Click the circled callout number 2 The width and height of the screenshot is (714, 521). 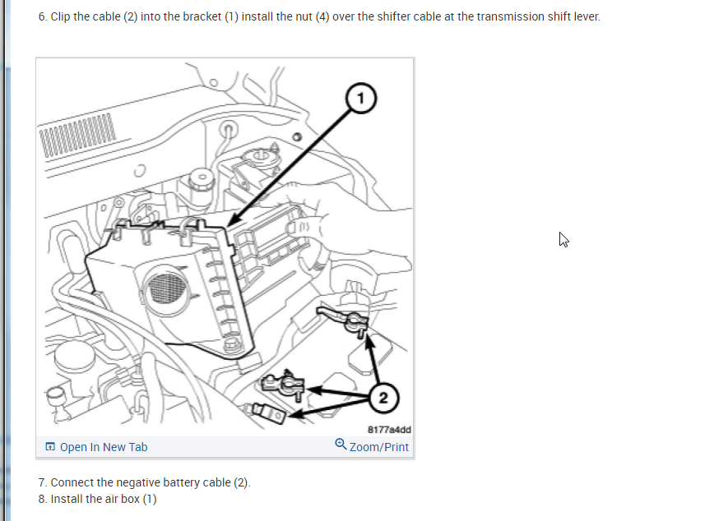pos(382,398)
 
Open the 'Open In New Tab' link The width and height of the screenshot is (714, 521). pos(104,447)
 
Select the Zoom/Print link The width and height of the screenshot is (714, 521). pos(378,447)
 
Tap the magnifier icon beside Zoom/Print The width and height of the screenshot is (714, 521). pos(341,445)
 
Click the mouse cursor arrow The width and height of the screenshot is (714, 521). pos(563,239)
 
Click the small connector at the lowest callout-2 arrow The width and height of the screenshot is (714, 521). pos(265,410)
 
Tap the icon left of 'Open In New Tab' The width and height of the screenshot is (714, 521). pos(51,447)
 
